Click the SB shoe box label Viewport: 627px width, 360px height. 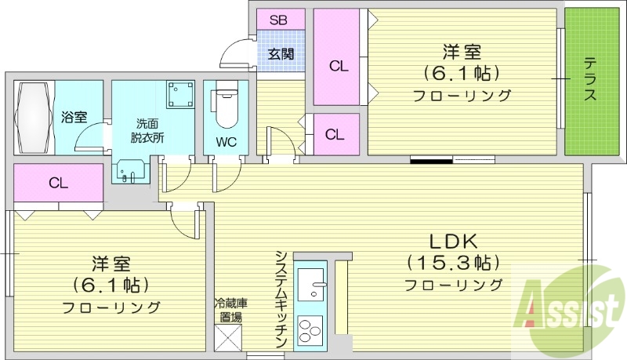(277, 20)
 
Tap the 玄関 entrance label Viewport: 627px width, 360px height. (281, 54)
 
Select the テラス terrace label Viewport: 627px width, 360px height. (590, 79)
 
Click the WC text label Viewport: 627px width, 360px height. (226, 142)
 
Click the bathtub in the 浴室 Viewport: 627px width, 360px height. (33, 117)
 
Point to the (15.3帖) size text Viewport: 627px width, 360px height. (453, 261)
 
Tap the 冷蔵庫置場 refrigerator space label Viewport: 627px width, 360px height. (229, 310)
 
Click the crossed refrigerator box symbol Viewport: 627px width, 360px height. (229, 339)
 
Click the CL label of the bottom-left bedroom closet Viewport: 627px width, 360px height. (58, 184)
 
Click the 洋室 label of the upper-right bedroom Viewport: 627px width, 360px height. (462, 53)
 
